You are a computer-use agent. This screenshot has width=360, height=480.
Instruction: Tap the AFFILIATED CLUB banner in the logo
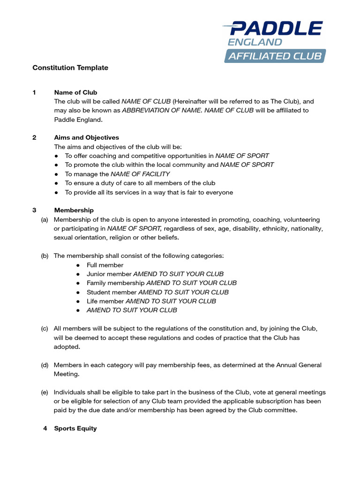pyautogui.click(x=275, y=56)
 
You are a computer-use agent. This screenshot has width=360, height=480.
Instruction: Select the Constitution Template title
pyautogui.click(x=70, y=68)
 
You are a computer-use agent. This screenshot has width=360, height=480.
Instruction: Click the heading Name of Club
pyautogui.click(x=75, y=92)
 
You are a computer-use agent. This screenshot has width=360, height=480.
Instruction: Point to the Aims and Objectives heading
pyautogui.click(x=86, y=138)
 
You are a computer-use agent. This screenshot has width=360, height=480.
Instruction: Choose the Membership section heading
pyautogui.click(x=74, y=210)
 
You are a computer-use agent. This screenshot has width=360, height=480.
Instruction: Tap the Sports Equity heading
pyautogui.click(x=75, y=428)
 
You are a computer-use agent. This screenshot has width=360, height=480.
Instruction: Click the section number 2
pyautogui.click(x=34, y=138)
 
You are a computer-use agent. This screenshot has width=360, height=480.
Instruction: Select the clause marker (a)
pyautogui.click(x=45, y=219)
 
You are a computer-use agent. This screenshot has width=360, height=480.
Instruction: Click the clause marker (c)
pyautogui.click(x=45, y=329)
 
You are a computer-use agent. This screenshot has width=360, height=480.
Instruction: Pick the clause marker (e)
pyautogui.click(x=45, y=392)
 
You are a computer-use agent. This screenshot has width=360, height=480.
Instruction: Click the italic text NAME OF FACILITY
pyautogui.click(x=140, y=174)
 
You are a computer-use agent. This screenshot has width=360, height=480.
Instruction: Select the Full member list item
pyautogui.click(x=105, y=265)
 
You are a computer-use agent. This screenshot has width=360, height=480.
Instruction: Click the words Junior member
pyautogui.click(x=109, y=274)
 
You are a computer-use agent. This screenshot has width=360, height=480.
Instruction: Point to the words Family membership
pyautogui.click(x=115, y=283)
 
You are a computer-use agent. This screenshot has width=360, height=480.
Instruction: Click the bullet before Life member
pyautogui.click(x=78, y=301)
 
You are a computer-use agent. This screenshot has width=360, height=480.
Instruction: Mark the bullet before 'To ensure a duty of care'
pyautogui.click(x=56, y=183)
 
